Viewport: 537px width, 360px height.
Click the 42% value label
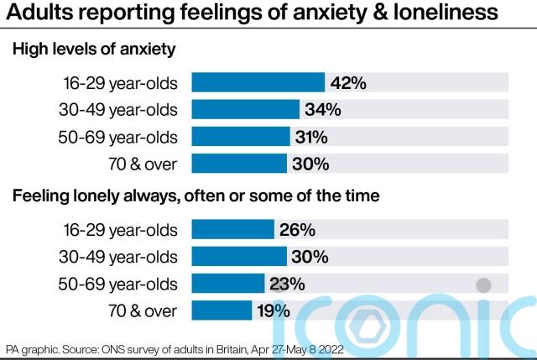[348, 83]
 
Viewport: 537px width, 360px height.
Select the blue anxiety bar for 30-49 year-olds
[245, 110]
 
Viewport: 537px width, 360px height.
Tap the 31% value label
[310, 137]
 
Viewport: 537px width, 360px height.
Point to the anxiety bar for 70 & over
[239, 164]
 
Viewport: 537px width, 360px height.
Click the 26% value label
[298, 229]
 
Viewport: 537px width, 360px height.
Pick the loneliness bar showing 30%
[239, 256]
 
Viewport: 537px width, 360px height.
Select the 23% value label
[286, 284]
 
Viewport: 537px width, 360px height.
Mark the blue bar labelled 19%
[222, 310]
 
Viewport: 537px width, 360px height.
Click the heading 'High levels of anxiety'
[93, 50]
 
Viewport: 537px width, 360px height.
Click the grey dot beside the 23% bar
[483, 284]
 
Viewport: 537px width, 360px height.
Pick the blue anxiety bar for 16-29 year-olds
[258, 83]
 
